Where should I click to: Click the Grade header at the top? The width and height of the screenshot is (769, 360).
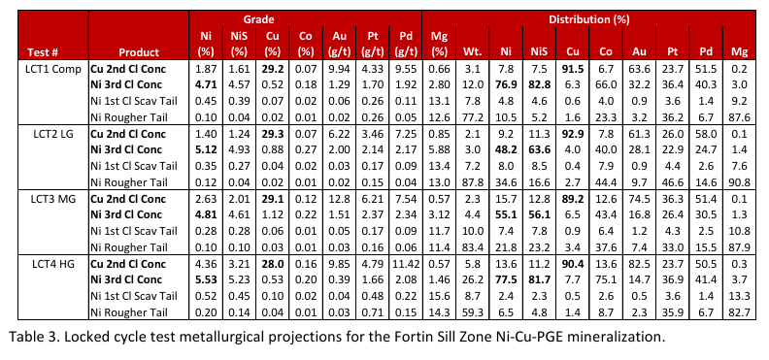click(259, 19)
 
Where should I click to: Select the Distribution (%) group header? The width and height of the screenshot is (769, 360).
click(588, 19)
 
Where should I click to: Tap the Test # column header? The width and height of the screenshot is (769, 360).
click(41, 52)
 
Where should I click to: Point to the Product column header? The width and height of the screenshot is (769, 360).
click(139, 52)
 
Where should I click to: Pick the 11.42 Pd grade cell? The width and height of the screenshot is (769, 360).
click(406, 264)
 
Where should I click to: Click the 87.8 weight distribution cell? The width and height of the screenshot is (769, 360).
click(472, 182)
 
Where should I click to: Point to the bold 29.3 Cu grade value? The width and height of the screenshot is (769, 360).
click(273, 134)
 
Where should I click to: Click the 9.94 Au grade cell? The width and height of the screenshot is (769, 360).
click(340, 69)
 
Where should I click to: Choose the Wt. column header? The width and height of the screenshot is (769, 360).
click(472, 52)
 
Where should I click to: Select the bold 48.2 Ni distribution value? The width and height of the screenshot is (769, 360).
click(506, 149)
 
